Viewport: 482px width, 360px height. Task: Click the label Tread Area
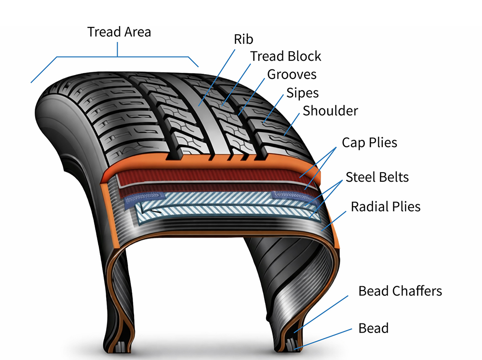click(119, 32)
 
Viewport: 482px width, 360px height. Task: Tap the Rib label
click(243, 39)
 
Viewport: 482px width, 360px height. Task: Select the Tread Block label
click(285, 56)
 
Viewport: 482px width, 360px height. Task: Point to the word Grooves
click(292, 75)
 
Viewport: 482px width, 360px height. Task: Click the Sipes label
click(302, 93)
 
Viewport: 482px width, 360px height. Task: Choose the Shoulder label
click(330, 111)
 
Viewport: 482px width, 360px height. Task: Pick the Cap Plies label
click(369, 143)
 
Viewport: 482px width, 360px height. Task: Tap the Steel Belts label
click(377, 177)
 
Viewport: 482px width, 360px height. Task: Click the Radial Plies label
click(386, 207)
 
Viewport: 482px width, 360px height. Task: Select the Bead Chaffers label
click(400, 291)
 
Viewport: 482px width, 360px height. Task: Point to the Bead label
click(373, 328)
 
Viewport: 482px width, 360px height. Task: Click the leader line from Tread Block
click(238, 81)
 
